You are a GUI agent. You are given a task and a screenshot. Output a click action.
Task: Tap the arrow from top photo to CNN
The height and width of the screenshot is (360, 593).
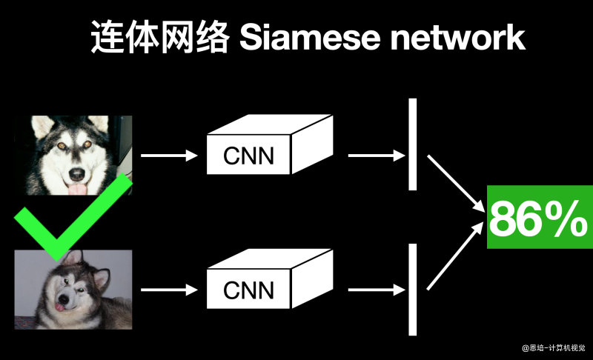tap(169, 156)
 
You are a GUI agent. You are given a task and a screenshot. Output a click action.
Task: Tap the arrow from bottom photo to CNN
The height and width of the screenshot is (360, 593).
tap(169, 289)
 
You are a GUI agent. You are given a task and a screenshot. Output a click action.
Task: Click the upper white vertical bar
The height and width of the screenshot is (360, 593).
tap(413, 144)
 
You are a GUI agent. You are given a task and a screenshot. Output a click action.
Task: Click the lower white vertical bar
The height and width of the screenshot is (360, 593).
tap(413, 290)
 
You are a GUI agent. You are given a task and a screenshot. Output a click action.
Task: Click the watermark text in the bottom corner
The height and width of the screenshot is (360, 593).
tap(554, 347)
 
